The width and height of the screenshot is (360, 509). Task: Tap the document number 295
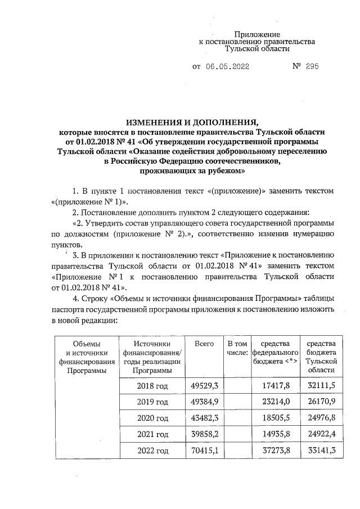312,66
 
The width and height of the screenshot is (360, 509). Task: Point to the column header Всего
204,344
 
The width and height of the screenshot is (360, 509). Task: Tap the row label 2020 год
152,418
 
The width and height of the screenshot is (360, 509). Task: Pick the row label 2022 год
152,451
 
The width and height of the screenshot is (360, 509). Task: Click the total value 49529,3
205,385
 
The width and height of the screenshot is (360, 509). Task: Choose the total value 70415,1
205,451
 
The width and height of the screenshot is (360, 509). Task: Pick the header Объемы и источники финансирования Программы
87,357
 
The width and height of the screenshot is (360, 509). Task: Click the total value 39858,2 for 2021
205,434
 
